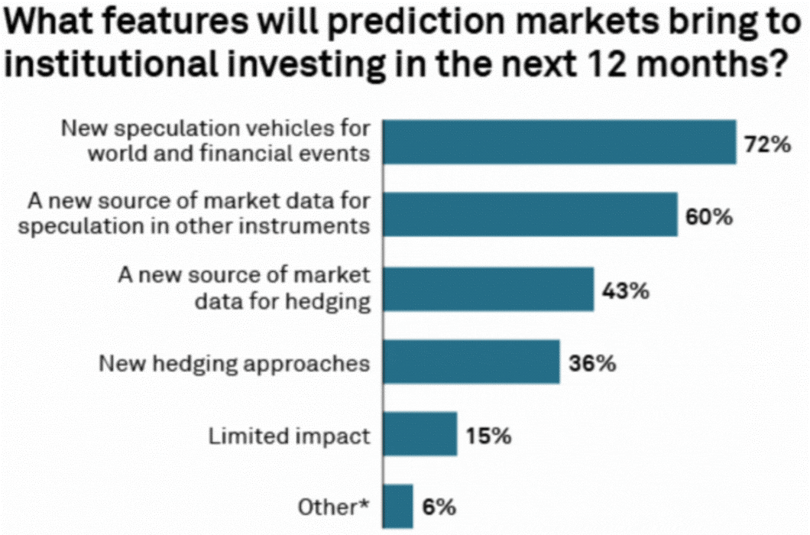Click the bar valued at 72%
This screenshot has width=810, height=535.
(559, 142)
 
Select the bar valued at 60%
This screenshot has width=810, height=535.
(530, 215)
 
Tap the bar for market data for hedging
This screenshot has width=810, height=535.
(488, 288)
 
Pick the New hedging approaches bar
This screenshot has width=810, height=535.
(471, 362)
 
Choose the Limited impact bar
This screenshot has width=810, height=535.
(420, 434)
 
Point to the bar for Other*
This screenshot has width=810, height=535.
(397, 505)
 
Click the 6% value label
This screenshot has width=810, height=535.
(437, 506)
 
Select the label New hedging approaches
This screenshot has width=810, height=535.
(235, 362)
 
